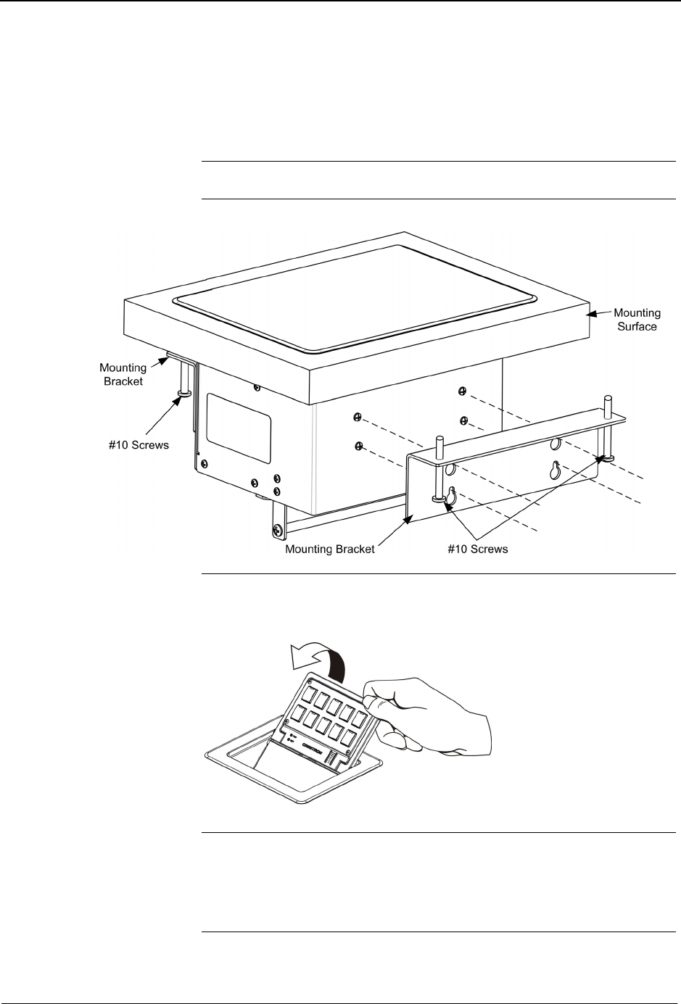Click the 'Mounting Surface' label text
(637, 320)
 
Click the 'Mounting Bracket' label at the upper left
(123, 374)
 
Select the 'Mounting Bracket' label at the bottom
(329, 549)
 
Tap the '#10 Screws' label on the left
(139, 444)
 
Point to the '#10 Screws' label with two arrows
(478, 549)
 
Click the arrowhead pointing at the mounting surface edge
(591, 314)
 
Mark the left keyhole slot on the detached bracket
(451, 498)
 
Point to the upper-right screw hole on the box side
(461, 391)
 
